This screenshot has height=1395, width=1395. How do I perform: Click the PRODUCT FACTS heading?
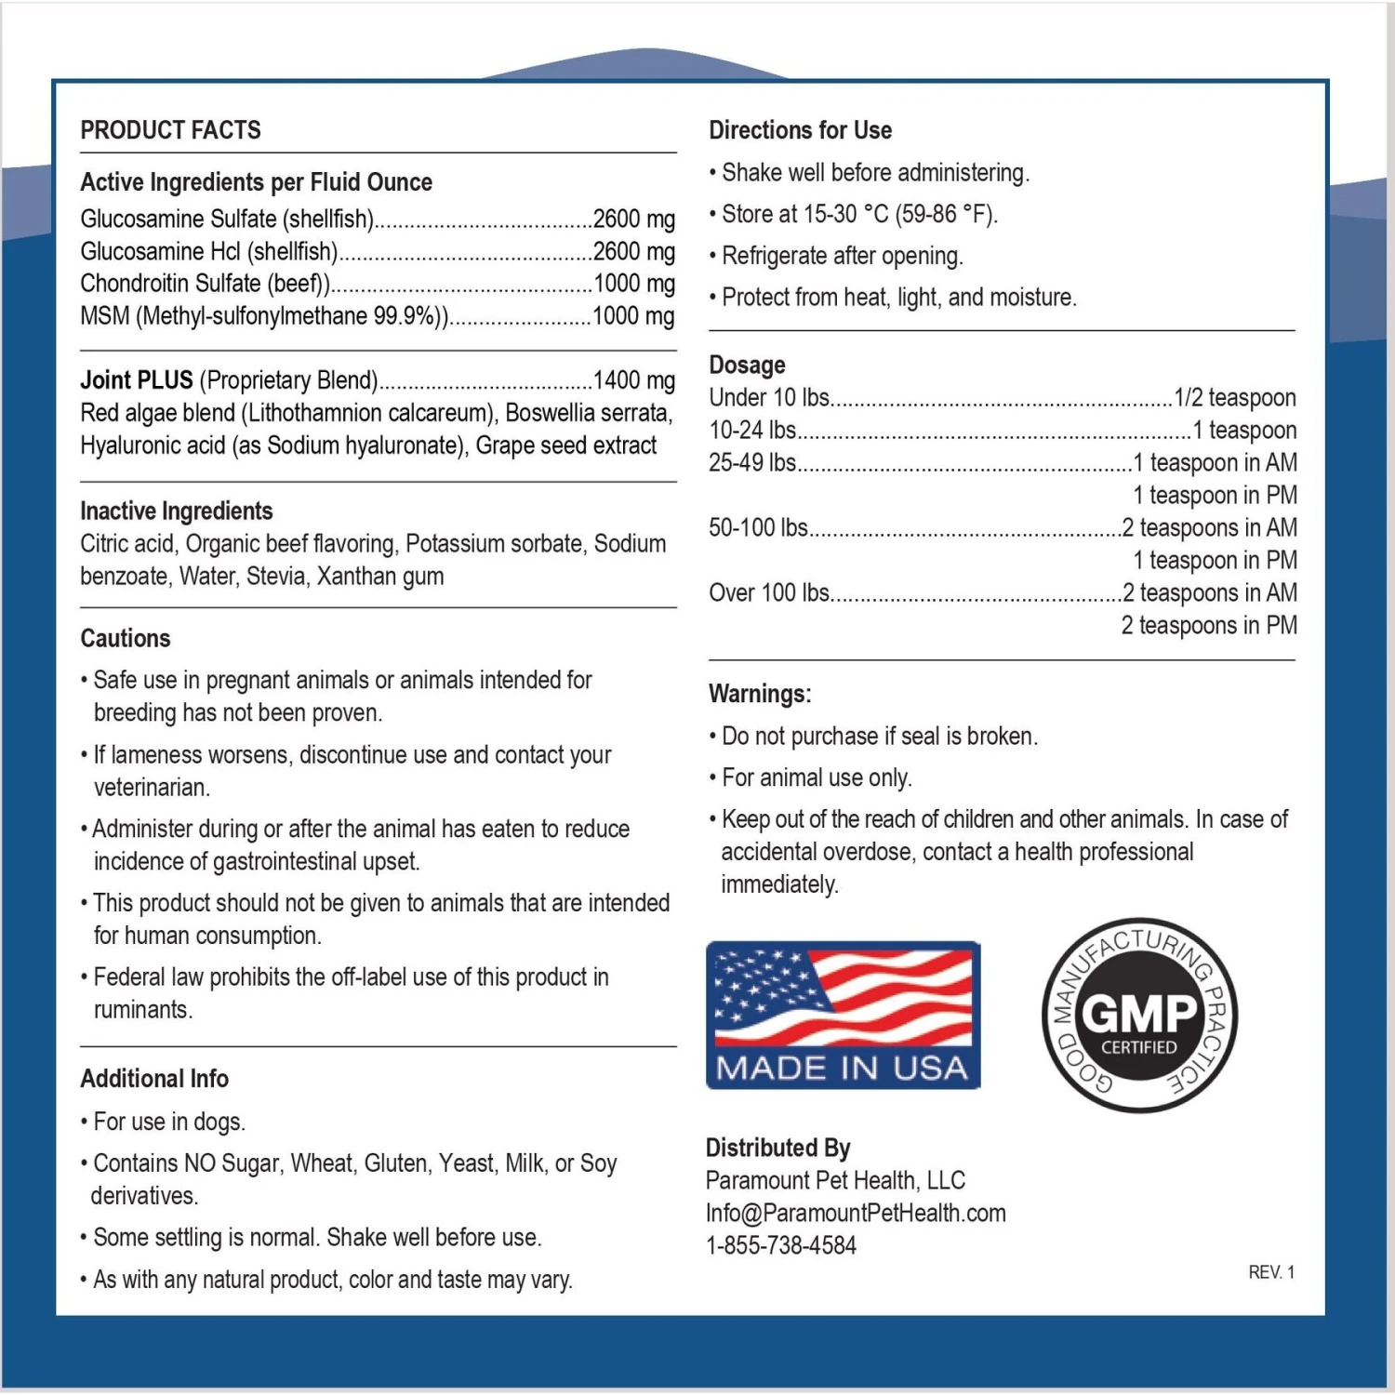coord(170,130)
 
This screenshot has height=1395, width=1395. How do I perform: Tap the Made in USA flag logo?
coord(843,1015)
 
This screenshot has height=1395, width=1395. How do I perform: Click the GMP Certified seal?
coord(1139,1016)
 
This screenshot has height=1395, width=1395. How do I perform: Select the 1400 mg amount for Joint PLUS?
coord(633,380)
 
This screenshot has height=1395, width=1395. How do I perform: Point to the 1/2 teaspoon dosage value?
coord(1234,398)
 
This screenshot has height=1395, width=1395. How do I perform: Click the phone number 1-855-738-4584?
coord(780,1245)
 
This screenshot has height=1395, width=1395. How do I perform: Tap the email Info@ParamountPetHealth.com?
coord(855,1213)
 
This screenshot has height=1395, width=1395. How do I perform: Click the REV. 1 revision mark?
coord(1270,1272)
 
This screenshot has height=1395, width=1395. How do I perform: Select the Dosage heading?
coord(747,365)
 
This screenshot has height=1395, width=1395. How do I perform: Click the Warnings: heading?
coord(760,694)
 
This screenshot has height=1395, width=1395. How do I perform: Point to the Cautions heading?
coord(126,638)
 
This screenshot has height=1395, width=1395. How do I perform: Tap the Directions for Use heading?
coord(800,130)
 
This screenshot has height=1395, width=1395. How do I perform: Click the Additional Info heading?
coord(154,1079)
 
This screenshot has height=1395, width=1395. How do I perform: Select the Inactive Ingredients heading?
coord(177,511)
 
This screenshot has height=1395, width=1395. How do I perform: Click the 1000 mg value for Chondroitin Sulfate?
coord(633,284)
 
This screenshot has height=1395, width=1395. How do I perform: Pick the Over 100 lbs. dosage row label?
coord(769,592)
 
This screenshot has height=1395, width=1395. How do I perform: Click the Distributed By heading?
coord(777,1148)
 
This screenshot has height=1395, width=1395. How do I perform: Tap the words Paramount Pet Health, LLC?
coord(835,1180)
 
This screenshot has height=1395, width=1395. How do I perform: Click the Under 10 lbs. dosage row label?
coord(769,398)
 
